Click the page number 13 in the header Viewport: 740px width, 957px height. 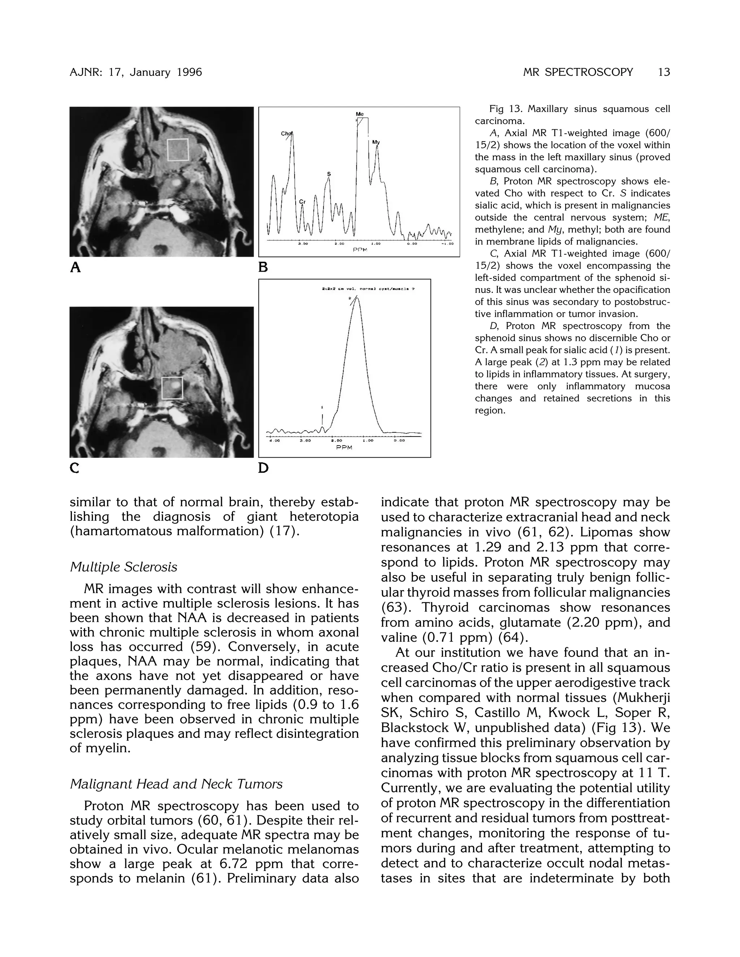(x=664, y=72)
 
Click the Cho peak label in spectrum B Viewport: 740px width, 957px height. (x=286, y=133)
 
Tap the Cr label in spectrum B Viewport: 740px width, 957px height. (x=302, y=202)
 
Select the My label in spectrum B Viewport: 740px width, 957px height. (x=376, y=142)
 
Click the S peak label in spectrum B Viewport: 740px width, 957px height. (x=329, y=174)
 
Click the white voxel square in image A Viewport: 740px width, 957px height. (x=177, y=150)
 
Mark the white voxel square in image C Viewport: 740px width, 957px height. (x=172, y=388)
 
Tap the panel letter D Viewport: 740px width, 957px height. (x=263, y=468)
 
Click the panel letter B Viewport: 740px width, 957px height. (x=263, y=267)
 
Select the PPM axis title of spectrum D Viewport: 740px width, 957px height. (x=344, y=448)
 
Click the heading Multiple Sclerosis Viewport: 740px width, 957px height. (x=123, y=567)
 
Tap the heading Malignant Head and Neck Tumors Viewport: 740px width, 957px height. (x=176, y=784)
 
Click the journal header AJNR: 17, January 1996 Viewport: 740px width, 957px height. (x=136, y=72)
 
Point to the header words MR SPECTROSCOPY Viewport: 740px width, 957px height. (x=578, y=72)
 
